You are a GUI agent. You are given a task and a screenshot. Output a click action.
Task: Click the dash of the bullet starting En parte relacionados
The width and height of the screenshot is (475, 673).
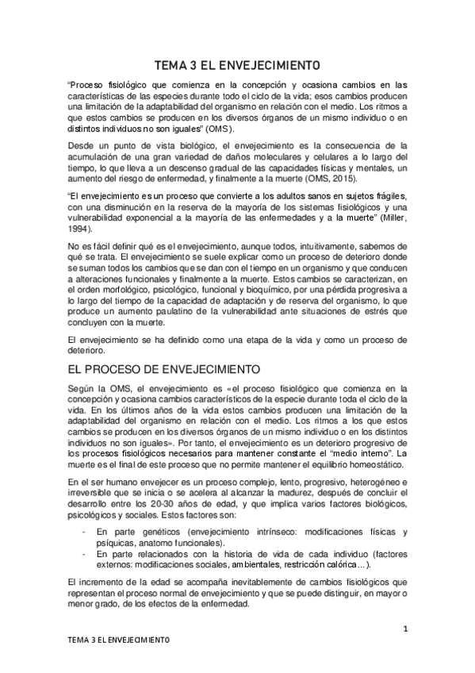[x=75, y=553]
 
